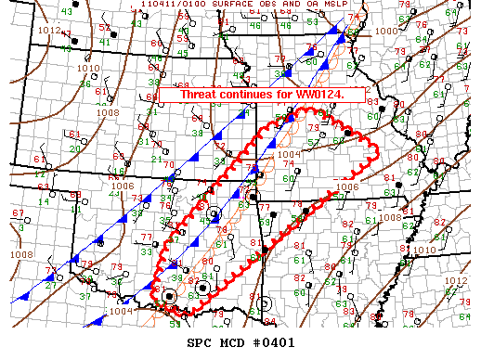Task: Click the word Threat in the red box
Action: [x=201, y=95]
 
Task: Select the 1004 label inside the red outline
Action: [x=289, y=154]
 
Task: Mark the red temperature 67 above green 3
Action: [x=17, y=213]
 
